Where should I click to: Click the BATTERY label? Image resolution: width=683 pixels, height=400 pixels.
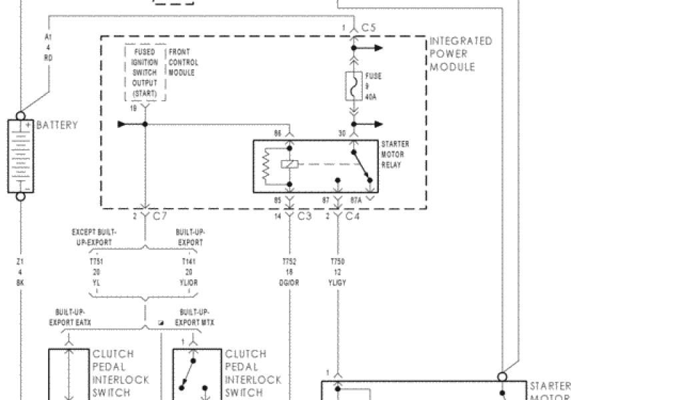click(57, 125)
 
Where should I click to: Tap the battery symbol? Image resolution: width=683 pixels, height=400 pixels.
click(20, 156)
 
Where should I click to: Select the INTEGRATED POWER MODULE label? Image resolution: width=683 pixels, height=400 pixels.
click(461, 54)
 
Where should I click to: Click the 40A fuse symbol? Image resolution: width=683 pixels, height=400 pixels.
click(354, 86)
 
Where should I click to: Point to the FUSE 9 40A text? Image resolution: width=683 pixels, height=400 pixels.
click(374, 86)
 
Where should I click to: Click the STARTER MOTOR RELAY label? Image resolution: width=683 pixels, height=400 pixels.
click(395, 154)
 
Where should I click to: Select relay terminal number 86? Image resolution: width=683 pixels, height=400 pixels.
click(278, 133)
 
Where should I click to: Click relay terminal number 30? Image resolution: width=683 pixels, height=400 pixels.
click(342, 133)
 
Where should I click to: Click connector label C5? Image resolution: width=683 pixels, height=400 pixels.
click(369, 27)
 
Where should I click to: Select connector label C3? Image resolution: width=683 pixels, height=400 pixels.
click(304, 216)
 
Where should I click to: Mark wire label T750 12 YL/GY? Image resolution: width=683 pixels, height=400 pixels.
click(337, 272)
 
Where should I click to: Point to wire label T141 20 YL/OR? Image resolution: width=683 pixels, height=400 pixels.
click(189, 272)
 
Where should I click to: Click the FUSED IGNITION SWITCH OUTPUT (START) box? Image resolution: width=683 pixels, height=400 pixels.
click(145, 73)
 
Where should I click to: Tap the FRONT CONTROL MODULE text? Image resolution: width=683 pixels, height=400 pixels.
click(183, 62)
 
